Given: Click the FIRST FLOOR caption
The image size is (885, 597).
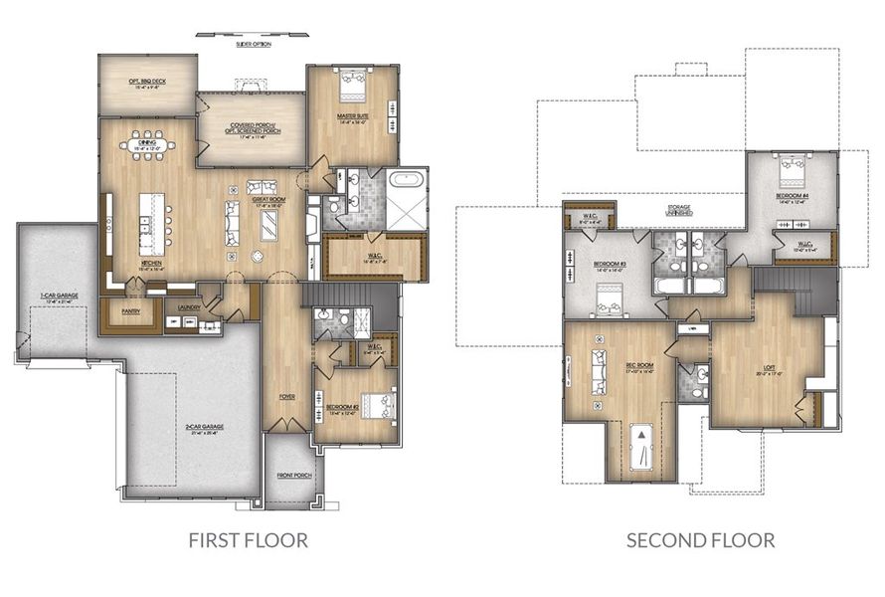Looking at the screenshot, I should tap(248, 540).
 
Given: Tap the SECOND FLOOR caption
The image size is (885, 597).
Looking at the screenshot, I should tap(700, 540).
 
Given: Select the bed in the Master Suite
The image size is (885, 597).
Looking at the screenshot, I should tap(353, 86).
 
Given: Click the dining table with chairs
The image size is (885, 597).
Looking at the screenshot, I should tap(148, 146).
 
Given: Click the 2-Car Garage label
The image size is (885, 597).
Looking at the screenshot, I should tap(203, 428).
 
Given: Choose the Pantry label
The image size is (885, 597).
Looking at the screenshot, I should tap(130, 310).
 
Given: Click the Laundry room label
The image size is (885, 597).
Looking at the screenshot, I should tap(189, 307).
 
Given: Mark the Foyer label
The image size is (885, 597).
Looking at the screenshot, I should tap(286, 396).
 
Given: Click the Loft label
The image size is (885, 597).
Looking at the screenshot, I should tap(765, 370).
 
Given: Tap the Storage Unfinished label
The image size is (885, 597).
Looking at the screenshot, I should tap(680, 211).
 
